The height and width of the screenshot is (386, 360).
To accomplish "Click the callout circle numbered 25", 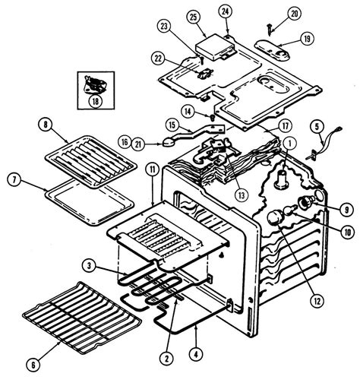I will (x=193, y=17).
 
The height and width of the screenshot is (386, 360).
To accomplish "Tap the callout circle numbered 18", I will (x=94, y=99).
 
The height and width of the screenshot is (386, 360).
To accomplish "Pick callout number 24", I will (x=226, y=11).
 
